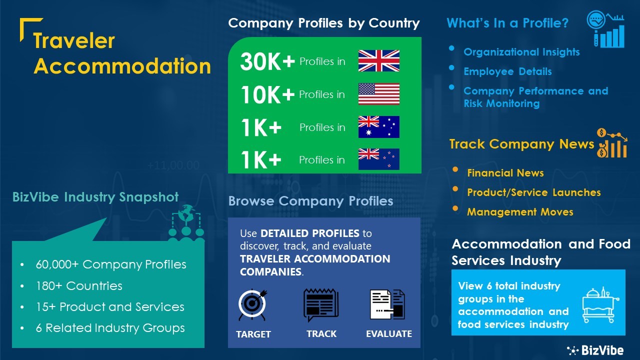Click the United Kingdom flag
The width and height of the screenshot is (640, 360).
379,61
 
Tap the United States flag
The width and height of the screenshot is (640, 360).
379,94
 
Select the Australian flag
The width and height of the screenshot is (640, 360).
379,127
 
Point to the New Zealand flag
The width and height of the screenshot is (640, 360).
379,159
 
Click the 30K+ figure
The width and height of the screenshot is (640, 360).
267,61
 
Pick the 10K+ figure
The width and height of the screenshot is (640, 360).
267,94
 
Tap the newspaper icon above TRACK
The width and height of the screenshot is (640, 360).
321,305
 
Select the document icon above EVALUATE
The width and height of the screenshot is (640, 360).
387,304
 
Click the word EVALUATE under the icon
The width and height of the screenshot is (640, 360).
389,333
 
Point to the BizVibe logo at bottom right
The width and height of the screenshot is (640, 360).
595,350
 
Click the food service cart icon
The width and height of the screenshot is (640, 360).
600,305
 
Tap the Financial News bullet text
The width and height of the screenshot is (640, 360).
505,173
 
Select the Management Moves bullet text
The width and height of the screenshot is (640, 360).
520,212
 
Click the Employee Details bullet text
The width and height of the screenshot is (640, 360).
507,71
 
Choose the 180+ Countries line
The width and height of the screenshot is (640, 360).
79,285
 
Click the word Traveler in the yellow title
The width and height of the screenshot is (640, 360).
74,41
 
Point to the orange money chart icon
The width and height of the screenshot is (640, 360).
611,143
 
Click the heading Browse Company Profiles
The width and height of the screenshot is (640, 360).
310,201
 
